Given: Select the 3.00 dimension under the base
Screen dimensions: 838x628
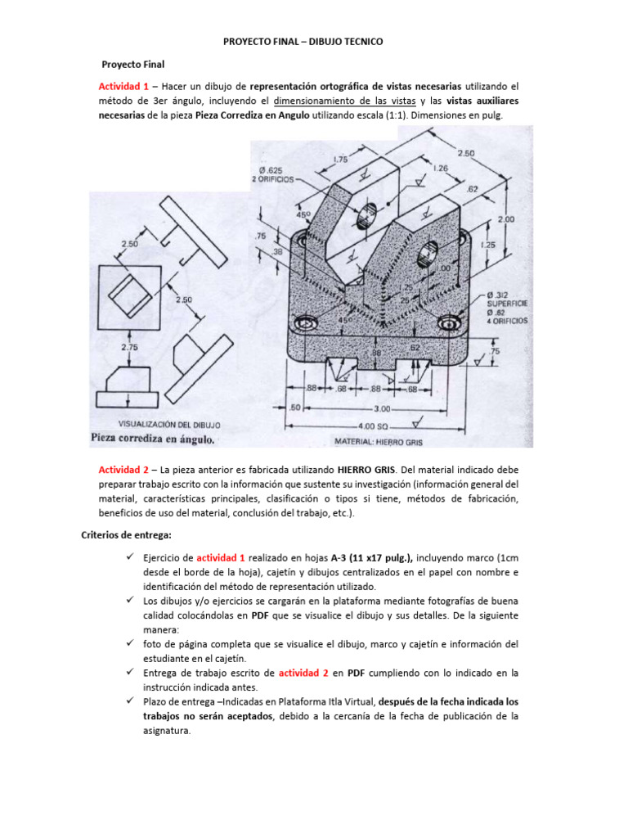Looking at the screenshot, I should click(381, 407).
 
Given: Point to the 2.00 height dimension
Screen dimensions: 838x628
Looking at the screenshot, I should click(506, 219).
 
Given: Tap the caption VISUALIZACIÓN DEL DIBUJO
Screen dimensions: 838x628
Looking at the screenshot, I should click(170, 425).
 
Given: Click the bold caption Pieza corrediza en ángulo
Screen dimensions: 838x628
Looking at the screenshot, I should click(153, 439).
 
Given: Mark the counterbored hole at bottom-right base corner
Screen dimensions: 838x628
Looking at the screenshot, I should click(449, 323).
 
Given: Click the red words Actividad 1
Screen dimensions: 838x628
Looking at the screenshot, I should click(123, 86).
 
